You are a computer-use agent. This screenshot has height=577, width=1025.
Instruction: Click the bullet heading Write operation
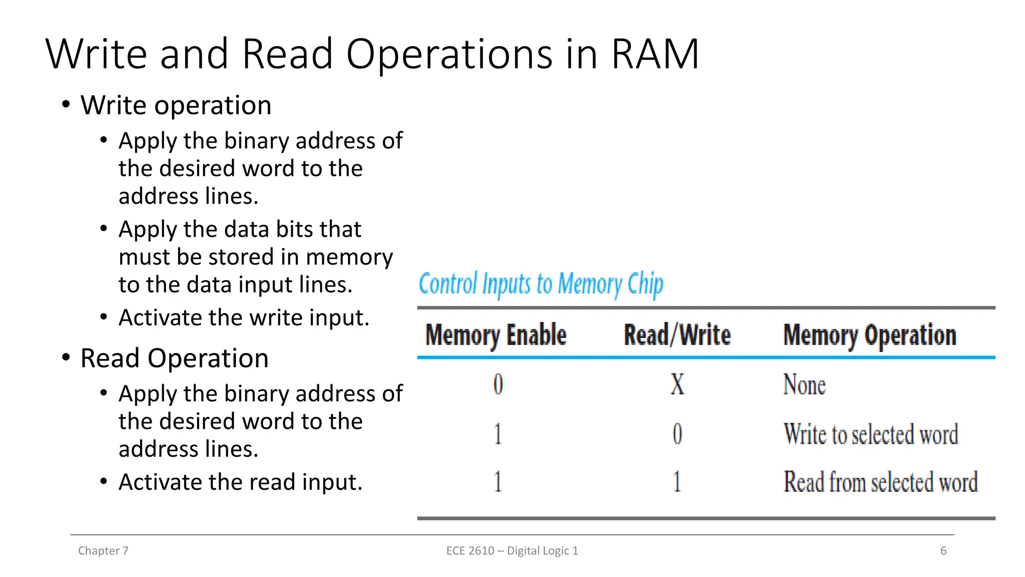(x=176, y=105)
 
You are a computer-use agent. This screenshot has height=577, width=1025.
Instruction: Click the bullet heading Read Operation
(x=174, y=358)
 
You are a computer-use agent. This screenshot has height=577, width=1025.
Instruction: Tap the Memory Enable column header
(x=495, y=335)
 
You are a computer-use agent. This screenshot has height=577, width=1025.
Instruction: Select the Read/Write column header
(x=677, y=335)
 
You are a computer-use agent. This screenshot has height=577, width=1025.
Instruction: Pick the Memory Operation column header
(x=869, y=335)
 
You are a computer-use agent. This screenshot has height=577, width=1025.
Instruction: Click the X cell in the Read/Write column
(x=677, y=385)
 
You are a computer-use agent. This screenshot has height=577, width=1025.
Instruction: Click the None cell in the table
(x=804, y=385)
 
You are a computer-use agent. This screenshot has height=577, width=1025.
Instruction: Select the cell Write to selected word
(x=870, y=434)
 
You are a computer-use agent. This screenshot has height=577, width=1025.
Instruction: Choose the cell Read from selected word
(x=880, y=482)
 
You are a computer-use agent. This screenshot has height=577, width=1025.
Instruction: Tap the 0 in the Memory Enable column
(x=498, y=385)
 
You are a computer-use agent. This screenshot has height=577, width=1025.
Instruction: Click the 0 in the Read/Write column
(x=677, y=434)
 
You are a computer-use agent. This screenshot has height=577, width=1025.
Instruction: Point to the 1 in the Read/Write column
(x=677, y=482)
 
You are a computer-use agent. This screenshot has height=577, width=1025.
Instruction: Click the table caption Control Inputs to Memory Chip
(x=541, y=284)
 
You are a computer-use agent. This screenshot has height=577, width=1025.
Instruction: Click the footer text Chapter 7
(x=103, y=550)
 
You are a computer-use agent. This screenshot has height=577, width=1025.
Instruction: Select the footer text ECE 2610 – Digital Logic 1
(x=512, y=550)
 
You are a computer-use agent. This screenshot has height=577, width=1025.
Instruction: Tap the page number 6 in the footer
(x=943, y=550)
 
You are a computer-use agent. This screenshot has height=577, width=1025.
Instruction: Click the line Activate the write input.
(x=244, y=318)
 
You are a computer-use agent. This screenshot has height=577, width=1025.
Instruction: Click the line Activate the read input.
(x=240, y=482)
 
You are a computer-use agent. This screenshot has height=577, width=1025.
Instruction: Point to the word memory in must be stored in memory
(x=349, y=257)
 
